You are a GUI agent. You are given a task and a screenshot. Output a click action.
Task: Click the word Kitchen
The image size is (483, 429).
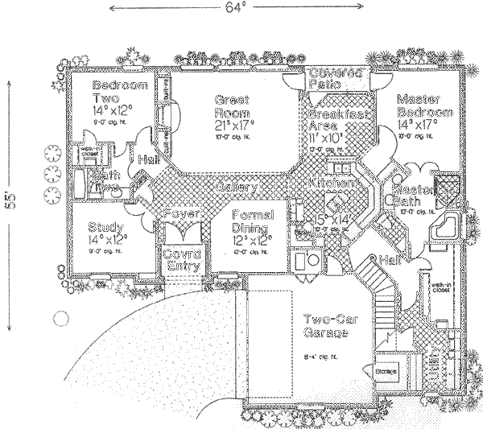[332, 184]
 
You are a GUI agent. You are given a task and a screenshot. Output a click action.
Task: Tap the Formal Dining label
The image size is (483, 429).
[254, 221]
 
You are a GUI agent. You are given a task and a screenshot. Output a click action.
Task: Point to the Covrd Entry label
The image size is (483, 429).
[182, 260]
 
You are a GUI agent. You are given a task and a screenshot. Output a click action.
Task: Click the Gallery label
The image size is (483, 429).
[236, 187]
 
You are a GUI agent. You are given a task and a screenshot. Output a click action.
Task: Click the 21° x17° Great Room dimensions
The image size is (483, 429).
[234, 126]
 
